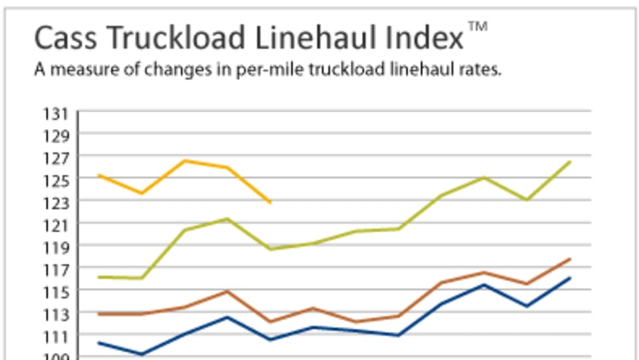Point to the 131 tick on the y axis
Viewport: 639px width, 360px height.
(x=56, y=115)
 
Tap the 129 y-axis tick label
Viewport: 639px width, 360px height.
(x=56, y=137)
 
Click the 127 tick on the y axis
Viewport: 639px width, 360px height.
(x=56, y=159)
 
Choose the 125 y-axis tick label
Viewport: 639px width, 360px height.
(x=56, y=181)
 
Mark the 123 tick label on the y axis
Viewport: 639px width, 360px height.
(x=56, y=203)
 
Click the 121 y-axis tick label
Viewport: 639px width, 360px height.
(x=56, y=226)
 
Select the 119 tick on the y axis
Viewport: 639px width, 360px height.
(x=56, y=248)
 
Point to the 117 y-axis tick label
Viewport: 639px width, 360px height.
(x=56, y=270)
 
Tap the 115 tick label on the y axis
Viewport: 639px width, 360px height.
(x=56, y=292)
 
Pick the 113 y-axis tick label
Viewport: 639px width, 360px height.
(x=56, y=314)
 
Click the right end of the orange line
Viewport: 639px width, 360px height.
(x=271, y=203)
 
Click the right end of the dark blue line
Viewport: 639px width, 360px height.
(x=571, y=278)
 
